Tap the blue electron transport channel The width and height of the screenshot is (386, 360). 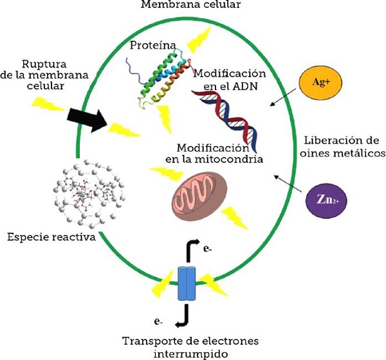(187, 283)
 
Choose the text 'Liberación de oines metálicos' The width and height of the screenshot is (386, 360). (342, 147)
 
